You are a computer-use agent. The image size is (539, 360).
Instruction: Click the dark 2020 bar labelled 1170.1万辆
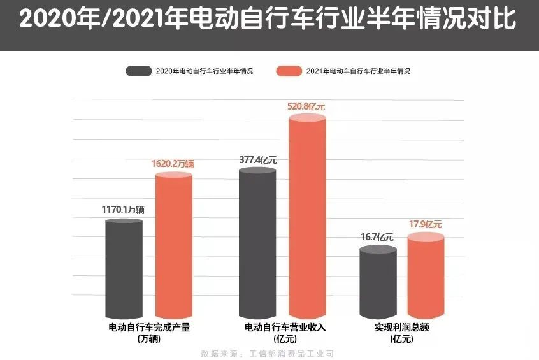[x=124, y=268]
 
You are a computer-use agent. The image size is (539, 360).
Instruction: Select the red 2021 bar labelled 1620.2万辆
[x=174, y=245]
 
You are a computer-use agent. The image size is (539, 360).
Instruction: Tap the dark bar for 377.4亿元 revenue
[x=257, y=242]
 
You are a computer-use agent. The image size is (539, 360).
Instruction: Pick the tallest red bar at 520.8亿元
[x=308, y=217]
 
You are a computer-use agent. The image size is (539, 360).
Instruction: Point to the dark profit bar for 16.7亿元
[x=378, y=284]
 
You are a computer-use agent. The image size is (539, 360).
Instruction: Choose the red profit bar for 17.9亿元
[x=425, y=277]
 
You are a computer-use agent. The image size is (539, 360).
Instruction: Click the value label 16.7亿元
[x=377, y=237]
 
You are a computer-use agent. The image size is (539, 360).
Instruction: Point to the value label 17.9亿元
[x=425, y=224]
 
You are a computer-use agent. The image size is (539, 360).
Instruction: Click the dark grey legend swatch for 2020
[x=138, y=71]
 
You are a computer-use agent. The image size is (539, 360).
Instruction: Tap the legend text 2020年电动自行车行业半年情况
[x=204, y=71]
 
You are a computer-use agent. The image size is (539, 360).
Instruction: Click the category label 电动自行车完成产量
[x=149, y=328]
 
